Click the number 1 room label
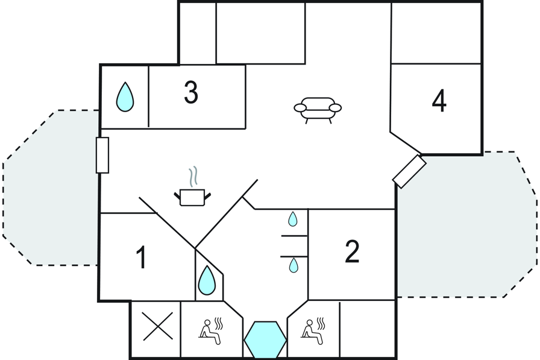pyautogui.click(x=142, y=257)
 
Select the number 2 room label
pyautogui.click(x=352, y=251)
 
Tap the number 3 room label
pyautogui.click(x=191, y=92)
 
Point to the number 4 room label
pyautogui.click(x=439, y=101)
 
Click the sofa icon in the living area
pyautogui.click(x=318, y=110)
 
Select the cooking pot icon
pyautogui.click(x=192, y=198)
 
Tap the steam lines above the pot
pyautogui.click(x=194, y=177)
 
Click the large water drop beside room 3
pyautogui.click(x=125, y=97)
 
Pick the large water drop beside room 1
pyautogui.click(x=207, y=280)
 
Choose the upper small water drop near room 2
pyautogui.click(x=292, y=219)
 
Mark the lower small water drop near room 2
pyautogui.click(x=294, y=265)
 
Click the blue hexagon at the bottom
pyautogui.click(x=265, y=340)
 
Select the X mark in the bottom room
pyautogui.click(x=157, y=326)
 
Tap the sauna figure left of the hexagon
pyautogui.click(x=210, y=331)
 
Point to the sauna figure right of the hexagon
pyautogui.click(x=313, y=331)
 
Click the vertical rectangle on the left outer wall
pyautogui.click(x=102, y=155)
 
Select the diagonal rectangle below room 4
pyautogui.click(x=409, y=172)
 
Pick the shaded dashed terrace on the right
pyautogui.click(x=466, y=224)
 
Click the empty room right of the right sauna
pyautogui.click(x=368, y=329)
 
